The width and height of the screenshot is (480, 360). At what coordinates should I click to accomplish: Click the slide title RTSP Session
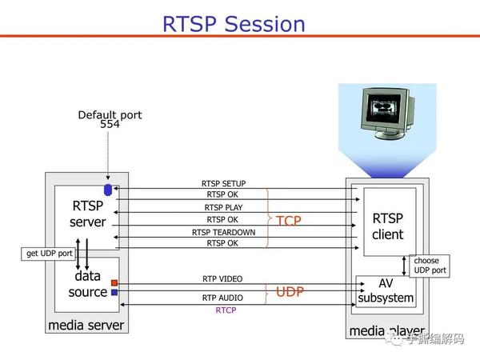[x=234, y=23]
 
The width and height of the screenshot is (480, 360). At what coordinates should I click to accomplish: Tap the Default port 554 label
[x=110, y=119]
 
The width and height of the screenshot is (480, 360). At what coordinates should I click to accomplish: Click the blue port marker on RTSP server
[x=108, y=190]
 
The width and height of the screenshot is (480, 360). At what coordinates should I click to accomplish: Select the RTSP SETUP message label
[x=223, y=184]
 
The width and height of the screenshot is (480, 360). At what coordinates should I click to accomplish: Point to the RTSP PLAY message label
[x=223, y=207]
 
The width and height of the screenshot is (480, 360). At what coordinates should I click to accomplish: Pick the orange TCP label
[x=290, y=220]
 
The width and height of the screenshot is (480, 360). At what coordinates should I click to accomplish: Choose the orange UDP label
[x=290, y=292]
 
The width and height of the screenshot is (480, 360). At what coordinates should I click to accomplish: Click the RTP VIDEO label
[x=222, y=279]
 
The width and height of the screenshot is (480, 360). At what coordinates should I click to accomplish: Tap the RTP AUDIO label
[x=222, y=298]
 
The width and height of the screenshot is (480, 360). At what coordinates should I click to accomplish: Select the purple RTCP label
[x=226, y=310]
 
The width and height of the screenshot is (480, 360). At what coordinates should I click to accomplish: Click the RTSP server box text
[x=88, y=214]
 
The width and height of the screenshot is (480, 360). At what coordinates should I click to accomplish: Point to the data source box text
[x=87, y=284]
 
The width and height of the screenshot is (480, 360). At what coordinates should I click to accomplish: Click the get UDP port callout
[x=49, y=254]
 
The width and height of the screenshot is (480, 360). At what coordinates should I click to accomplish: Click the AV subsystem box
[x=386, y=291]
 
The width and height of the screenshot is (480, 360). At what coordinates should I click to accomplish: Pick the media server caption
[x=86, y=325]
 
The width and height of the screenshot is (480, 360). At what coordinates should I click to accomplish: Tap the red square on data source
[x=114, y=283]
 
